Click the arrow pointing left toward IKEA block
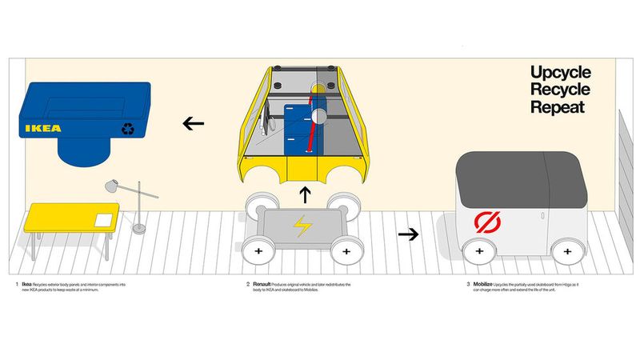192,123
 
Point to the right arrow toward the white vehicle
409,234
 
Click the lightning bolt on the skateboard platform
302,227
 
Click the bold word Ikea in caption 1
27,284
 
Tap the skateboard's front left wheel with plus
258,251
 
